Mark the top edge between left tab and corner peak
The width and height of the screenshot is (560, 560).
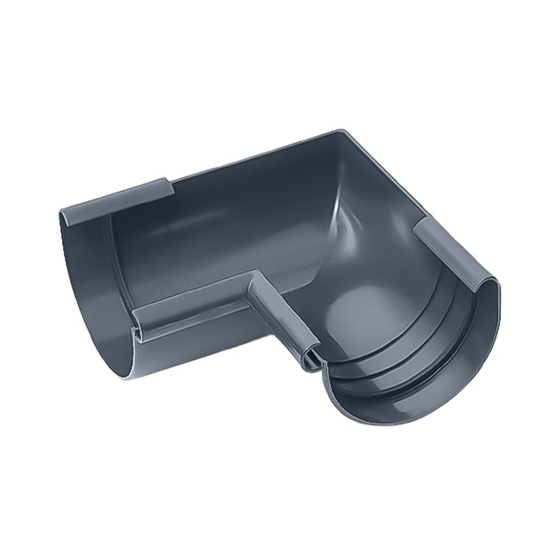pyautogui.click(x=254, y=156)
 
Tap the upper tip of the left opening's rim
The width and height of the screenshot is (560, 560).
pyautogui.click(x=63, y=213)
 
